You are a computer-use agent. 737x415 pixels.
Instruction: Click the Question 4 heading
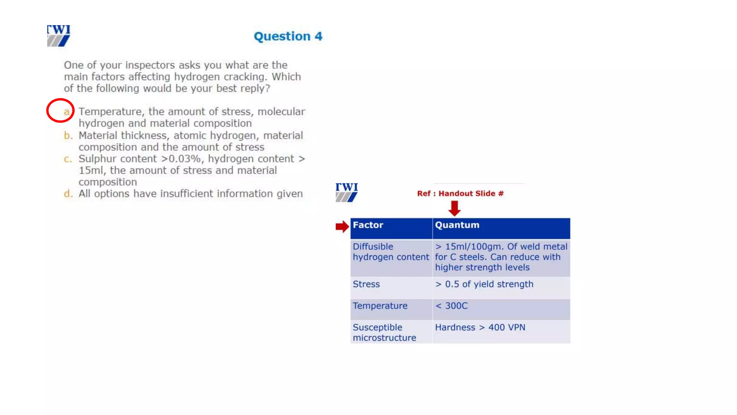[288, 36]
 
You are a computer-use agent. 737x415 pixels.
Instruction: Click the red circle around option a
[60, 110]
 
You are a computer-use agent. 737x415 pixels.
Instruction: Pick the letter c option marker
[68, 159]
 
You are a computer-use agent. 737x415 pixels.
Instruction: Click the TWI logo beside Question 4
[59, 35]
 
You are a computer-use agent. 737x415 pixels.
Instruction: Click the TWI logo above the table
[347, 192]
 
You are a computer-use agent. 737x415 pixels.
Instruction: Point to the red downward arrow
[455, 208]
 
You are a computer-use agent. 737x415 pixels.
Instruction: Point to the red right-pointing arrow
[342, 227]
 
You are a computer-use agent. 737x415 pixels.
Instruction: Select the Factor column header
[368, 225]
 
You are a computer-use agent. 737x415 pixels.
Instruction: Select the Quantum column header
[457, 225]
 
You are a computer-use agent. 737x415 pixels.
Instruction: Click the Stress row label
[366, 284]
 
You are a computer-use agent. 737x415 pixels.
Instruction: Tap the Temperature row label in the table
[380, 306]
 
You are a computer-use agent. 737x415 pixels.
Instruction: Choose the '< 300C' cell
[452, 306]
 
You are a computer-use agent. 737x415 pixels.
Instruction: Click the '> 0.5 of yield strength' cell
[484, 284]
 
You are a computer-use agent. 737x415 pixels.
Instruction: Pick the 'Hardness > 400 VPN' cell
[480, 327]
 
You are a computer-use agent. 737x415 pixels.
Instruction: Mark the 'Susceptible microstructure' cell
[384, 333]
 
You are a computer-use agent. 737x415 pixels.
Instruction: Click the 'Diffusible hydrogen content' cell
[390, 252]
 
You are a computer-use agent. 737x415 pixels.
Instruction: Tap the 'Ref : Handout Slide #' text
[460, 193]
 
